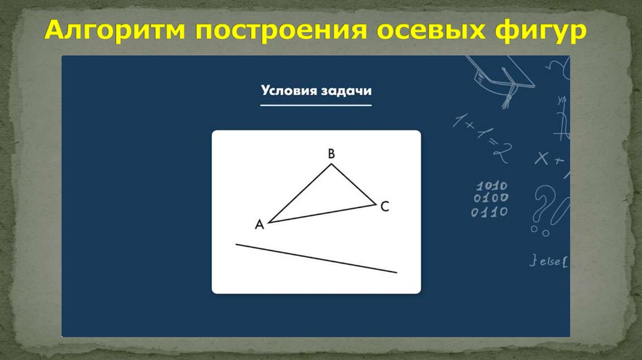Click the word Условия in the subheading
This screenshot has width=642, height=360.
pyautogui.click(x=286, y=90)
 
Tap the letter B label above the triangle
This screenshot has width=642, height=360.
pyautogui.click(x=331, y=152)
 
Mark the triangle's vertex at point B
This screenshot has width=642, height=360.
pyautogui.click(x=331, y=164)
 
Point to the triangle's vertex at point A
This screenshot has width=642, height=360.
pyautogui.click(x=269, y=222)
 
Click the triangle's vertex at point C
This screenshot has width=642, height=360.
pyautogui.click(x=376, y=204)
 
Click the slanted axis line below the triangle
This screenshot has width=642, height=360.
pyautogui.click(x=316, y=258)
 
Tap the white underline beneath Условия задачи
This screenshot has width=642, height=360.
pyautogui.click(x=316, y=105)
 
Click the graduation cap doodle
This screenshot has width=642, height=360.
pyautogui.click(x=502, y=78)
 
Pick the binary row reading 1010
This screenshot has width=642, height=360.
pyautogui.click(x=492, y=186)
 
